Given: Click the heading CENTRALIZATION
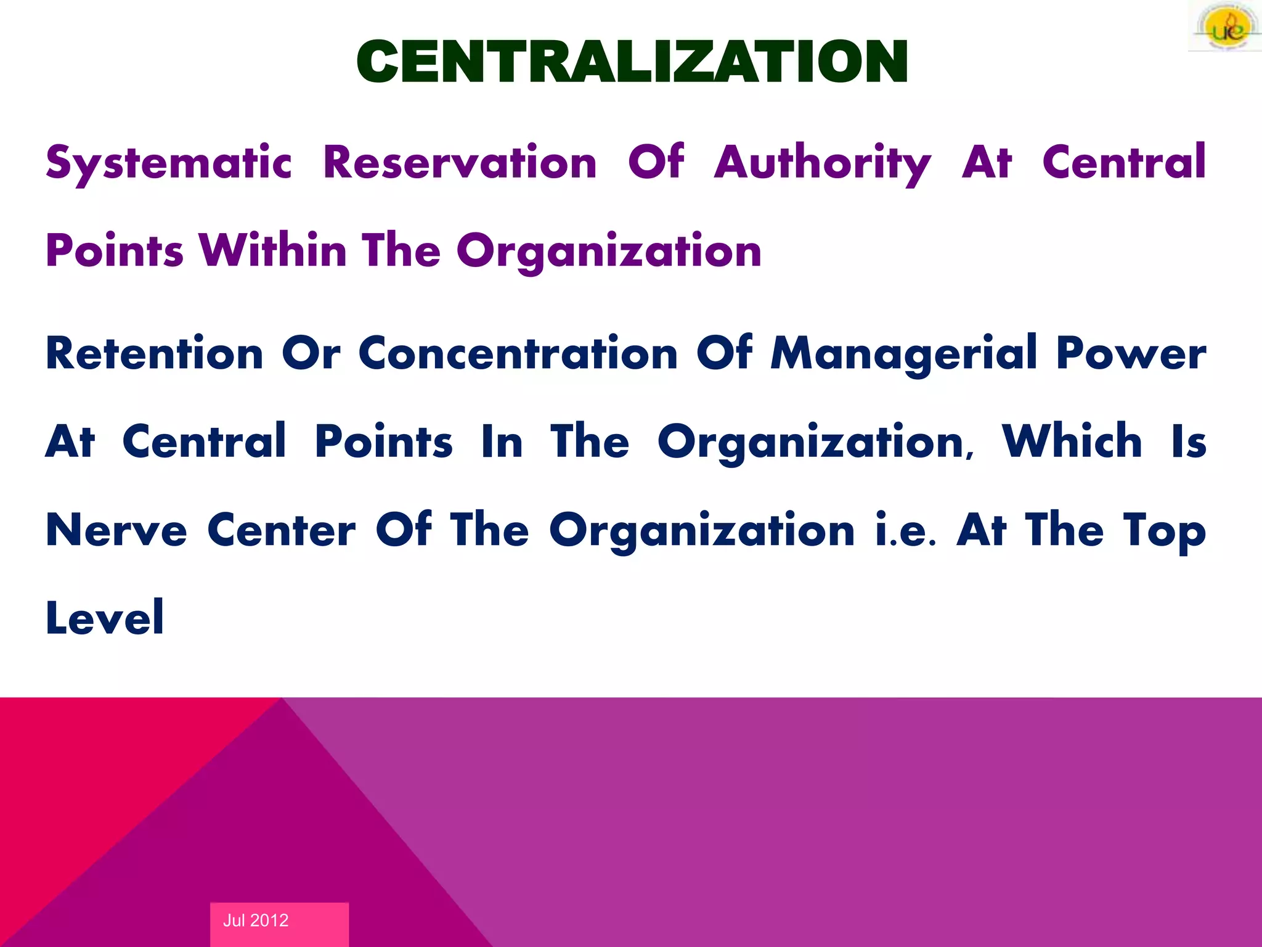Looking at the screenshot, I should pyautogui.click(x=632, y=62).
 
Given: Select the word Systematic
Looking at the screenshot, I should pyautogui.click(x=168, y=163).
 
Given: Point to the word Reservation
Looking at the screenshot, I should pyautogui.click(x=460, y=163).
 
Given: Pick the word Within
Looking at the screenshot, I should pyautogui.click(x=273, y=251).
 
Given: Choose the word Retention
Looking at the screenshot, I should pyautogui.click(x=155, y=353).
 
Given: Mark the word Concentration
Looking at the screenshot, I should pyautogui.click(x=518, y=353).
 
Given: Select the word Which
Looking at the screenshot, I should pyautogui.click(x=1072, y=441).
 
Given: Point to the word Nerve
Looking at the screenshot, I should pyautogui.click(x=116, y=530).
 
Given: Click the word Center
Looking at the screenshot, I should pyautogui.click(x=282, y=530).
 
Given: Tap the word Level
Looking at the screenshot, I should pyautogui.click(x=105, y=618).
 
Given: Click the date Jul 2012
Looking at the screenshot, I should pyautogui.click(x=256, y=920).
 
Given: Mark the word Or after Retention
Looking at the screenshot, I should pyautogui.click(x=311, y=353).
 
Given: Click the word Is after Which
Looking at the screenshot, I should pyautogui.click(x=1189, y=441).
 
